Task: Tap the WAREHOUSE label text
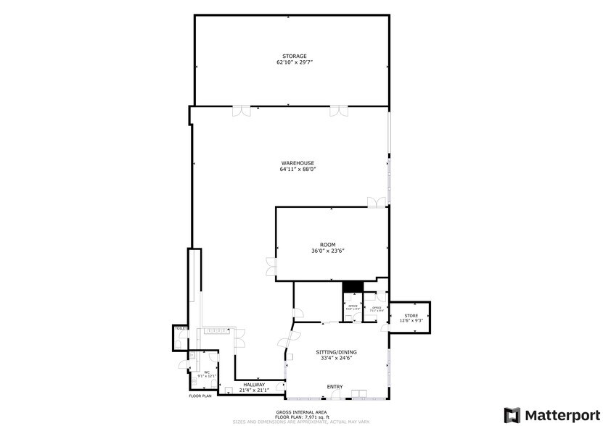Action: point(298,163)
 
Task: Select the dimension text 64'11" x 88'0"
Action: point(298,170)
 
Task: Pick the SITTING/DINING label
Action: point(336,352)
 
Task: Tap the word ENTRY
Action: point(335,387)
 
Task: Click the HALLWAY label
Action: point(254,385)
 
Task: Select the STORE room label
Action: point(411,315)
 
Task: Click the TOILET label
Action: point(181,329)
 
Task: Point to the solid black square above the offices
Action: point(352,286)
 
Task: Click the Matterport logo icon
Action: point(512,415)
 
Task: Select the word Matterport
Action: point(559,415)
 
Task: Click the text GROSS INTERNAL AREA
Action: point(301,412)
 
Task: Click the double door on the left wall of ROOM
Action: point(271,266)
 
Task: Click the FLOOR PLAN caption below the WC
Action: point(200,396)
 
